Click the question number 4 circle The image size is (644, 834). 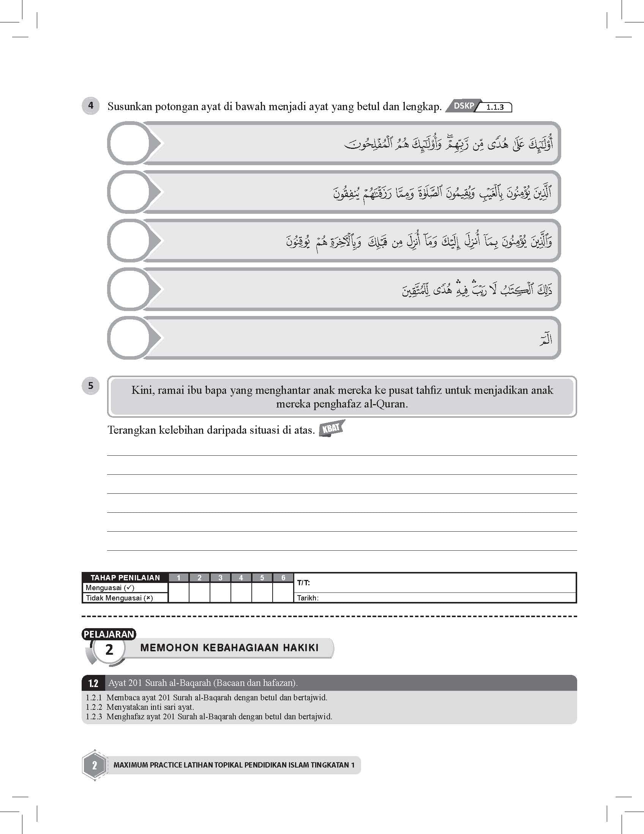(x=90, y=106)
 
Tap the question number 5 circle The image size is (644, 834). (x=90, y=386)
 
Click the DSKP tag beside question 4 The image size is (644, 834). (x=463, y=106)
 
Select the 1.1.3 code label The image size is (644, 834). (x=495, y=108)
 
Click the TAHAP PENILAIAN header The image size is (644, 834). (x=125, y=577)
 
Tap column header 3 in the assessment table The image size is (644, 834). (x=220, y=577)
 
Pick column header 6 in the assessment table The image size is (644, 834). (x=283, y=577)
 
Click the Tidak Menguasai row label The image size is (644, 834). (x=119, y=598)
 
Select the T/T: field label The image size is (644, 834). (x=303, y=583)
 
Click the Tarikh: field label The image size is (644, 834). (x=308, y=598)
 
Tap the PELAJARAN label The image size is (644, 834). (x=109, y=634)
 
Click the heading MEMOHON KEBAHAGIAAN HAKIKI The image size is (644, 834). (x=229, y=647)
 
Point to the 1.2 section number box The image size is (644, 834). (x=93, y=683)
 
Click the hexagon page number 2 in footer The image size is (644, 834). (x=94, y=765)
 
